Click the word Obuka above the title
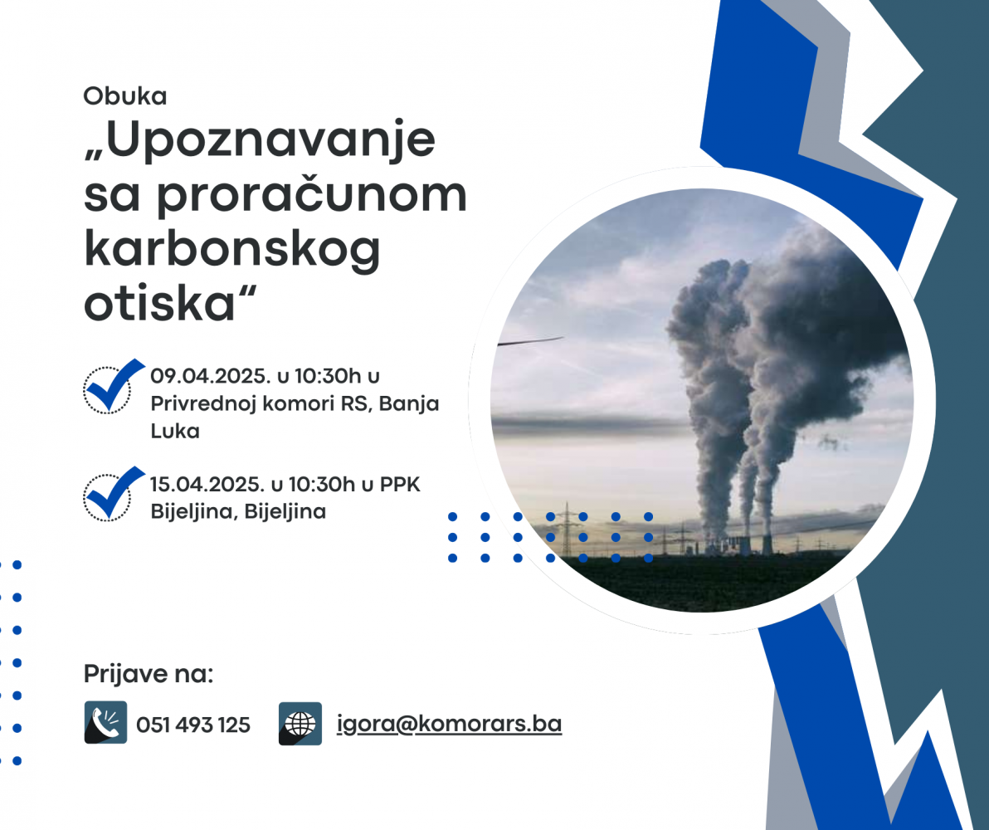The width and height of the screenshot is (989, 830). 125,96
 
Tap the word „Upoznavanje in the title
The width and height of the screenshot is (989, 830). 259,139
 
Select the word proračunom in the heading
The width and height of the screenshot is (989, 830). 312,195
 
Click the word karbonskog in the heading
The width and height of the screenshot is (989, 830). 232,250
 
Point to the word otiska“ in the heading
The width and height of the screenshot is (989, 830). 170,304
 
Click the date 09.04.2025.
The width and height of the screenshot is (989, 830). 210,376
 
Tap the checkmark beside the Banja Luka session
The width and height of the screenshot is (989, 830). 114,386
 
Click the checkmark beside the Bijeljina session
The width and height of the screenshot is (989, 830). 114,494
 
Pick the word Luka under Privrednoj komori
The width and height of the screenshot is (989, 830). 175,431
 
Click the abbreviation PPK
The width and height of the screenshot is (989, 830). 400,485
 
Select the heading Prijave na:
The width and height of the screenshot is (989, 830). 149,674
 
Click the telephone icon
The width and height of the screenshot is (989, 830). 105,722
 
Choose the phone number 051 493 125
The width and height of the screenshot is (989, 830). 193,725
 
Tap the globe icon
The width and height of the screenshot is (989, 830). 300,723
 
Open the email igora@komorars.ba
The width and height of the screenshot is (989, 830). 449,723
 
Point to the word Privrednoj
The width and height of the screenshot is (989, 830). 203,404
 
